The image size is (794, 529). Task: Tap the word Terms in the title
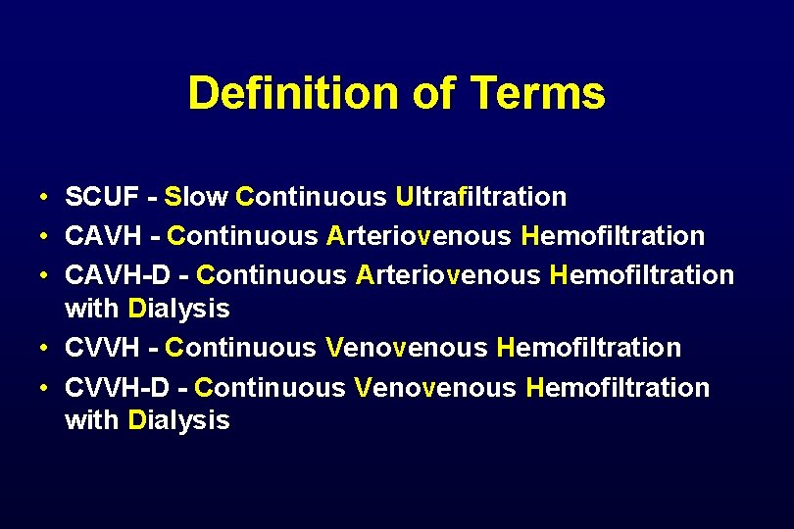538,94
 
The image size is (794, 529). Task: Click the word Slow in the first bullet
196,197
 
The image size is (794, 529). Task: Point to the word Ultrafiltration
480,197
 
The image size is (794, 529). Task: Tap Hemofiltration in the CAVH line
614,236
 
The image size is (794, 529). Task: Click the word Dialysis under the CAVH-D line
179,310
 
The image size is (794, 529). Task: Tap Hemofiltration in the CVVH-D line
618,387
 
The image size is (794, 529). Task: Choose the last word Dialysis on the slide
179,421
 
